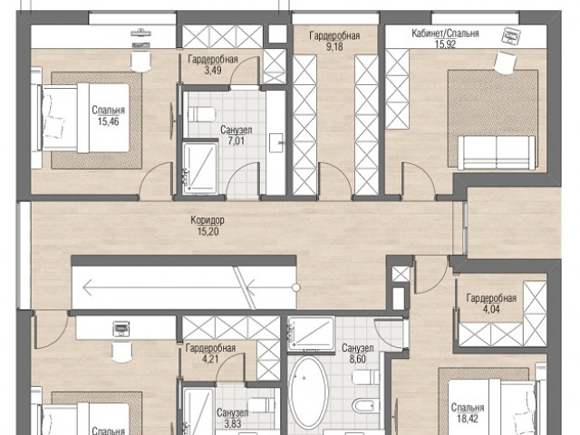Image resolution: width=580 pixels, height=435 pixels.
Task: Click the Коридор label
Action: (208, 220)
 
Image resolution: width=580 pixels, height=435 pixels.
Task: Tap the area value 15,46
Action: (109, 121)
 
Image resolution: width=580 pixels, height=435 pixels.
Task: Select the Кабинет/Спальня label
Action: (445, 34)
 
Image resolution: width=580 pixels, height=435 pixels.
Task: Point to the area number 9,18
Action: (334, 46)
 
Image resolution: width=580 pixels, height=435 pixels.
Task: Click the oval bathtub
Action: (308, 392)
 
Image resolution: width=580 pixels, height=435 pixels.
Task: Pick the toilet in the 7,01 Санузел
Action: (201, 114)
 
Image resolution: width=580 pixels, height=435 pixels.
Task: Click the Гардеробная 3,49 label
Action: (213, 64)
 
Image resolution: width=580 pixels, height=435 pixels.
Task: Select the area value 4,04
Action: (491, 309)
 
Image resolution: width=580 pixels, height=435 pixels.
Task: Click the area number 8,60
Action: (358, 359)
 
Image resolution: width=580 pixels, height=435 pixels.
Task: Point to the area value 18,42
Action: (468, 419)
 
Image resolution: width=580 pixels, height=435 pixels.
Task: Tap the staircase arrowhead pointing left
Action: (88, 287)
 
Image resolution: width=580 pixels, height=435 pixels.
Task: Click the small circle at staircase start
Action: (296, 287)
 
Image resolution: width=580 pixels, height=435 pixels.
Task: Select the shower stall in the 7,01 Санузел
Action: (200, 168)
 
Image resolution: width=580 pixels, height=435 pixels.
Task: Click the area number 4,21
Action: (210, 359)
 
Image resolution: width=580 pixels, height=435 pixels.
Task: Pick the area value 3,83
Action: (233, 423)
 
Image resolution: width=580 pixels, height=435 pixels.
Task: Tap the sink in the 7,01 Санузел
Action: (276, 143)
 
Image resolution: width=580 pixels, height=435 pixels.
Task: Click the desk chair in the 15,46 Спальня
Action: (141, 62)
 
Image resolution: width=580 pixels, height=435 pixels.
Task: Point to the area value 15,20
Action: (208, 232)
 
